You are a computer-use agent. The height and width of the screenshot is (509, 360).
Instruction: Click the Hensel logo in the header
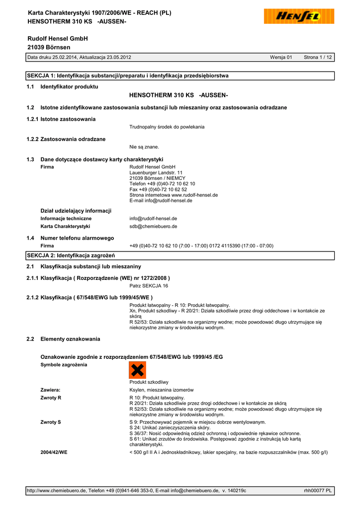(x=299, y=17)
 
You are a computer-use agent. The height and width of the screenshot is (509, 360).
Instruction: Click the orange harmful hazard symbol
(x=137, y=370)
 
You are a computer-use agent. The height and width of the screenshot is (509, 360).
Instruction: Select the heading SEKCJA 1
(x=127, y=76)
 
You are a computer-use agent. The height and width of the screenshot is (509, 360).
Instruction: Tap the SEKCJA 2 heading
(x=71, y=255)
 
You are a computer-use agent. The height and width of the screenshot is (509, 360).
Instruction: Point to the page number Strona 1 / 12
(x=318, y=58)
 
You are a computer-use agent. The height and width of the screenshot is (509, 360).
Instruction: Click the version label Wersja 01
(x=281, y=58)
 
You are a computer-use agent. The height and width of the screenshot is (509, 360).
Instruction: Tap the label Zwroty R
(x=51, y=398)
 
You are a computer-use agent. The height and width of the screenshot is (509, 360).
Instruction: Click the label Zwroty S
(x=51, y=422)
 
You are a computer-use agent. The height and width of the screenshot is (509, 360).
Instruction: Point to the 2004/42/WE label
(x=54, y=452)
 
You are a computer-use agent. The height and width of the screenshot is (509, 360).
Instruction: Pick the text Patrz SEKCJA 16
(x=149, y=286)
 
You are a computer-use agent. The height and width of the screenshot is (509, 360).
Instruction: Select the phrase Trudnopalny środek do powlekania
(x=167, y=127)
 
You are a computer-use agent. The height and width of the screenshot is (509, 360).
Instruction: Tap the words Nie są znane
(x=144, y=147)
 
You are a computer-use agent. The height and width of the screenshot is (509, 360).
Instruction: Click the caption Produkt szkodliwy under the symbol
(x=149, y=382)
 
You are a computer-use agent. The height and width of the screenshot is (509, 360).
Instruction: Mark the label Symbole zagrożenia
(x=64, y=365)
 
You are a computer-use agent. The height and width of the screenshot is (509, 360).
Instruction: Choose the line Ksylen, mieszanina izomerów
(x=162, y=390)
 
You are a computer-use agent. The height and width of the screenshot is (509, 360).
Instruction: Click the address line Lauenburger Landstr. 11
(x=156, y=172)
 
